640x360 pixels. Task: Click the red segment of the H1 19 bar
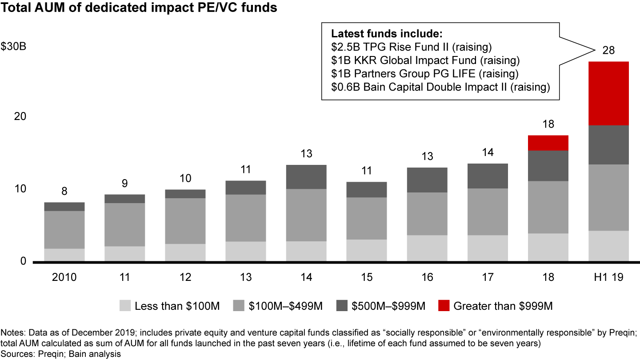pos(608,93)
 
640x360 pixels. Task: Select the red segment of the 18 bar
pos(548,143)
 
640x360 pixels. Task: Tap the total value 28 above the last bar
pos(608,51)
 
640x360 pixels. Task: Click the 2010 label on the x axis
pos(64,277)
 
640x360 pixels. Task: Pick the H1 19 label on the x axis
pos(608,277)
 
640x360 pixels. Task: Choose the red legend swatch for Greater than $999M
pos(443,306)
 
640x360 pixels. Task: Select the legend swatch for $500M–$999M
pos(341,306)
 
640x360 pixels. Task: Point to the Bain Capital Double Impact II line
pos(440,87)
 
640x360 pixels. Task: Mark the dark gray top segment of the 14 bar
pos(306,177)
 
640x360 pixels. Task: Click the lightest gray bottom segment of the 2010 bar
pos(64,255)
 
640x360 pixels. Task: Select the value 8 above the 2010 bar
pos(64,192)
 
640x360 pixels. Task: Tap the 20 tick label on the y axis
pos(20,116)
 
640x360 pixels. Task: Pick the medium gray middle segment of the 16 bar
pos(427,214)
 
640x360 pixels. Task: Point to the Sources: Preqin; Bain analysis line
pos(61,354)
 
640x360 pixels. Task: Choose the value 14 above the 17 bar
pos(488,152)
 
